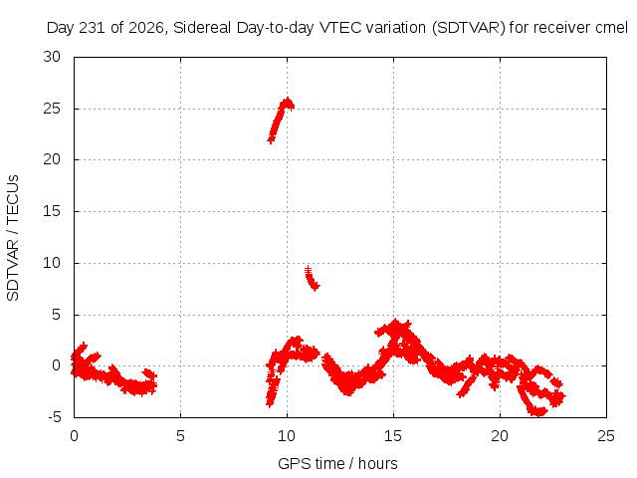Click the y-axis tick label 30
pyautogui.click(x=52, y=57)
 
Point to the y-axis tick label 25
pyautogui.click(x=52, y=109)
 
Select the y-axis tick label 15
pyautogui.click(x=52, y=211)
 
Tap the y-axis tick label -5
pyautogui.click(x=55, y=417)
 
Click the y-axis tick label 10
pyautogui.click(x=52, y=263)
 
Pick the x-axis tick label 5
pyautogui.click(x=180, y=436)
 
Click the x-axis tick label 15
pyautogui.click(x=393, y=436)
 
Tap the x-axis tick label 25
pyautogui.click(x=606, y=436)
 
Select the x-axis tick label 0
pyautogui.click(x=74, y=436)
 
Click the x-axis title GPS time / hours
pyautogui.click(x=337, y=464)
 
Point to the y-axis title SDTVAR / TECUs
pyautogui.click(x=13, y=238)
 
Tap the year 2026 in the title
pyautogui.click(x=146, y=28)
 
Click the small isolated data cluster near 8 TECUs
pyautogui.click(x=312, y=278)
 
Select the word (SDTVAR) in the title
pyautogui.click(x=469, y=28)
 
